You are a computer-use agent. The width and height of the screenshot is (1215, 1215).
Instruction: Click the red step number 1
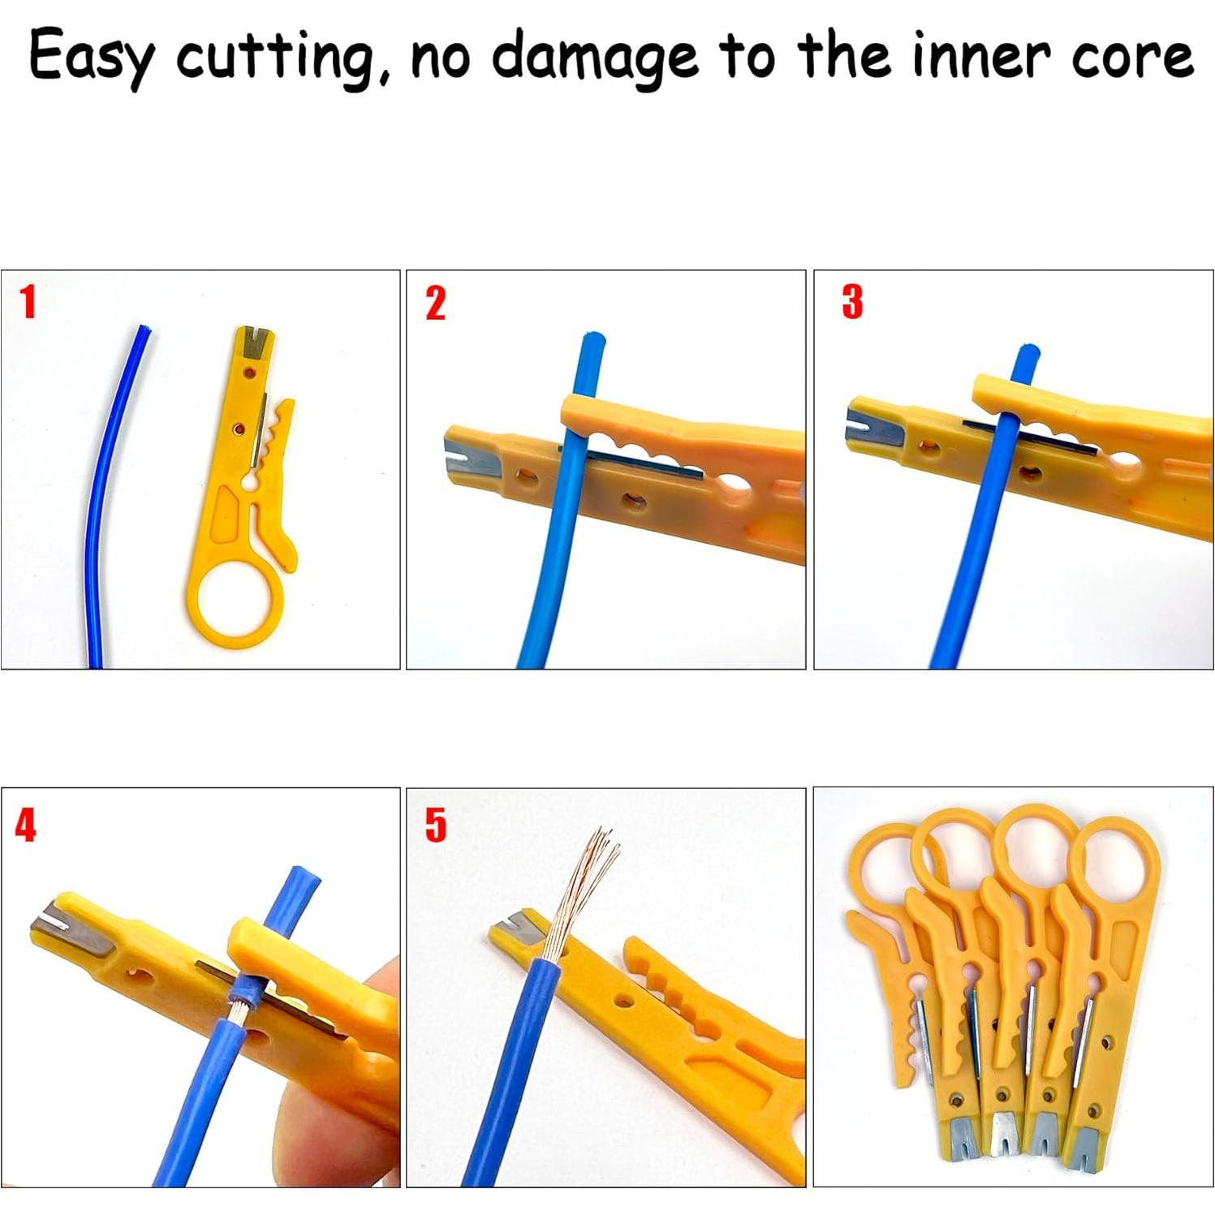(x=28, y=302)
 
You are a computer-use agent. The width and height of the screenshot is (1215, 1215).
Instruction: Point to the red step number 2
(x=436, y=304)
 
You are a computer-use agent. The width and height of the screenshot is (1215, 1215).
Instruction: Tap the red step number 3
(x=852, y=302)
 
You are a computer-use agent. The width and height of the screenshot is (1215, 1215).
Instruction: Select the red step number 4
(x=26, y=825)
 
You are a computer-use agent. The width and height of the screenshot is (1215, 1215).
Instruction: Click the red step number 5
(x=436, y=825)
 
